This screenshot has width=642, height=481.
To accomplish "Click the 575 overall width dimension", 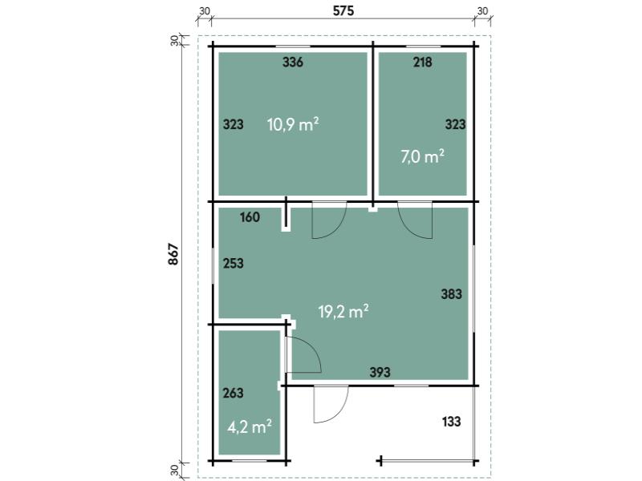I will coord(343,10).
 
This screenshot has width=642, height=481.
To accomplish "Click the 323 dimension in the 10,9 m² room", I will coord(233,125).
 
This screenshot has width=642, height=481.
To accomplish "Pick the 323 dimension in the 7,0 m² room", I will coord(455,125).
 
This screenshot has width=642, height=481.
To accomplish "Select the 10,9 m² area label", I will coord(293,124).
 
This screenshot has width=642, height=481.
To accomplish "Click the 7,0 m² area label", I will coord(422,156).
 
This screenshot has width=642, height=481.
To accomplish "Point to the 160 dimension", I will coord(250,216).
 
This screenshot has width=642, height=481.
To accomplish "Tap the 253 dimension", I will coord(233,263).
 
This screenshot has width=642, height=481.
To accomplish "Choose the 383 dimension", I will coord(452,294).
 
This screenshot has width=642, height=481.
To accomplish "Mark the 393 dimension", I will coord(380,372).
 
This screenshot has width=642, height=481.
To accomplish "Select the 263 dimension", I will coord(233,394).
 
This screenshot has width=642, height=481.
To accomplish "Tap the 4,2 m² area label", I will coord(250,426).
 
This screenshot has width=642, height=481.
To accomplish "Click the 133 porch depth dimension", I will coord(452,422).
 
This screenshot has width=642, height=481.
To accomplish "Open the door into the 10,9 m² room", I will coord(328,221).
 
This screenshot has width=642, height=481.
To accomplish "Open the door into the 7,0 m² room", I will coord(416,220).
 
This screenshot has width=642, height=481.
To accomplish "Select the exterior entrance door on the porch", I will coord(331,404).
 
